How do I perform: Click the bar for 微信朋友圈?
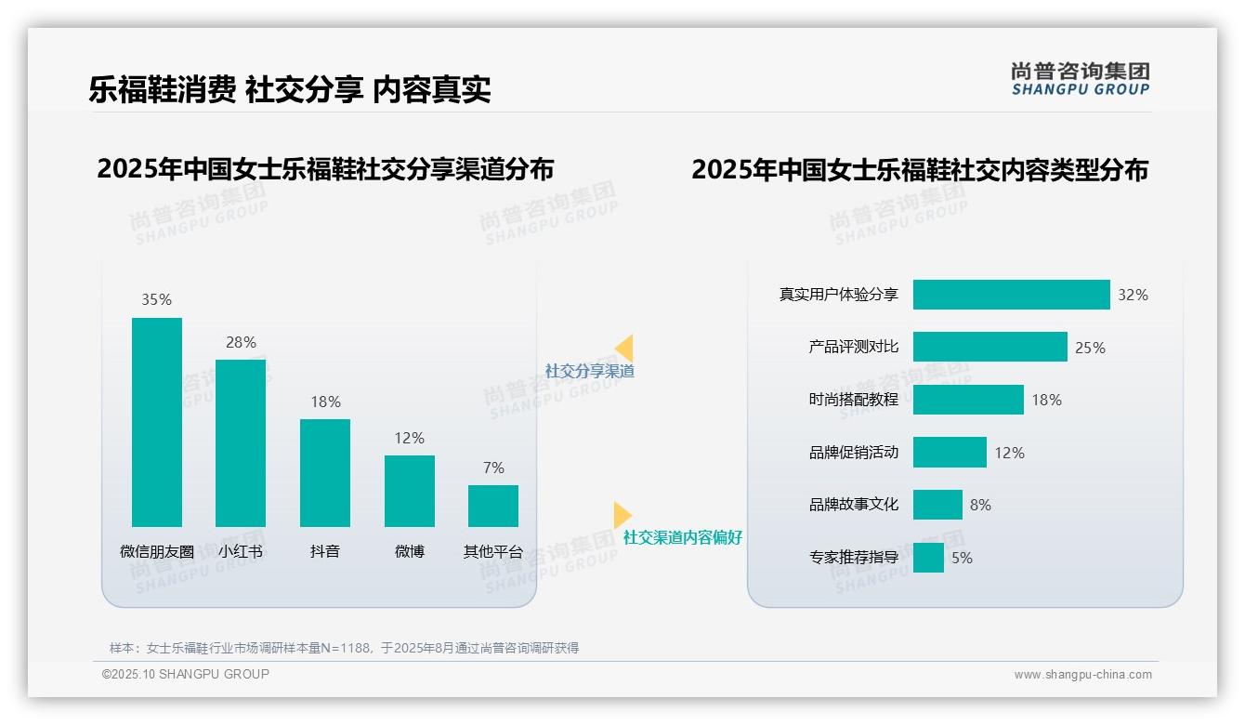pyautogui.click(x=157, y=422)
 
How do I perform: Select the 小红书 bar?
pyautogui.click(x=241, y=442)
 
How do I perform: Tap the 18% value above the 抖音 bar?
pyautogui.click(x=325, y=402)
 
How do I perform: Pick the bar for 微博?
pyautogui.click(x=409, y=491)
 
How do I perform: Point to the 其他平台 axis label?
pyautogui.click(x=493, y=551)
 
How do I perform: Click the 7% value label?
pyautogui.click(x=493, y=468)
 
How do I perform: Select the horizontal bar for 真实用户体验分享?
pyautogui.click(x=1011, y=295)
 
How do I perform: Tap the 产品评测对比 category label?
pyautogui.click(x=853, y=347)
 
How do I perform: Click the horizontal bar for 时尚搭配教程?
pyautogui.click(x=968, y=400)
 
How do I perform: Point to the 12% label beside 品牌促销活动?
pyautogui.click(x=1009, y=453)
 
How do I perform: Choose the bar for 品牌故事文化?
pyautogui.click(x=937, y=505)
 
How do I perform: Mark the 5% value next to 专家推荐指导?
pyautogui.click(x=962, y=558)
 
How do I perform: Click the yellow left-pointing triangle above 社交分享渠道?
pyautogui.click(x=624, y=349)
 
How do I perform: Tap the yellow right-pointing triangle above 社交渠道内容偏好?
pyautogui.click(x=622, y=514)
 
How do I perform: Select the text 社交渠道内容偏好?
pyautogui.click(x=682, y=537)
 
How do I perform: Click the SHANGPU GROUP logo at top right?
pyautogui.click(x=1080, y=79)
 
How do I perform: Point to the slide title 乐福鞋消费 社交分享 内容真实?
pyautogui.click(x=290, y=89)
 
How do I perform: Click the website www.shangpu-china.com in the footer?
pyautogui.click(x=1082, y=675)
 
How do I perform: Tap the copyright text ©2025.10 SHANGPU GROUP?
pyautogui.click(x=186, y=674)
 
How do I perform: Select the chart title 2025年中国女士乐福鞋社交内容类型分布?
pyautogui.click(x=920, y=170)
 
